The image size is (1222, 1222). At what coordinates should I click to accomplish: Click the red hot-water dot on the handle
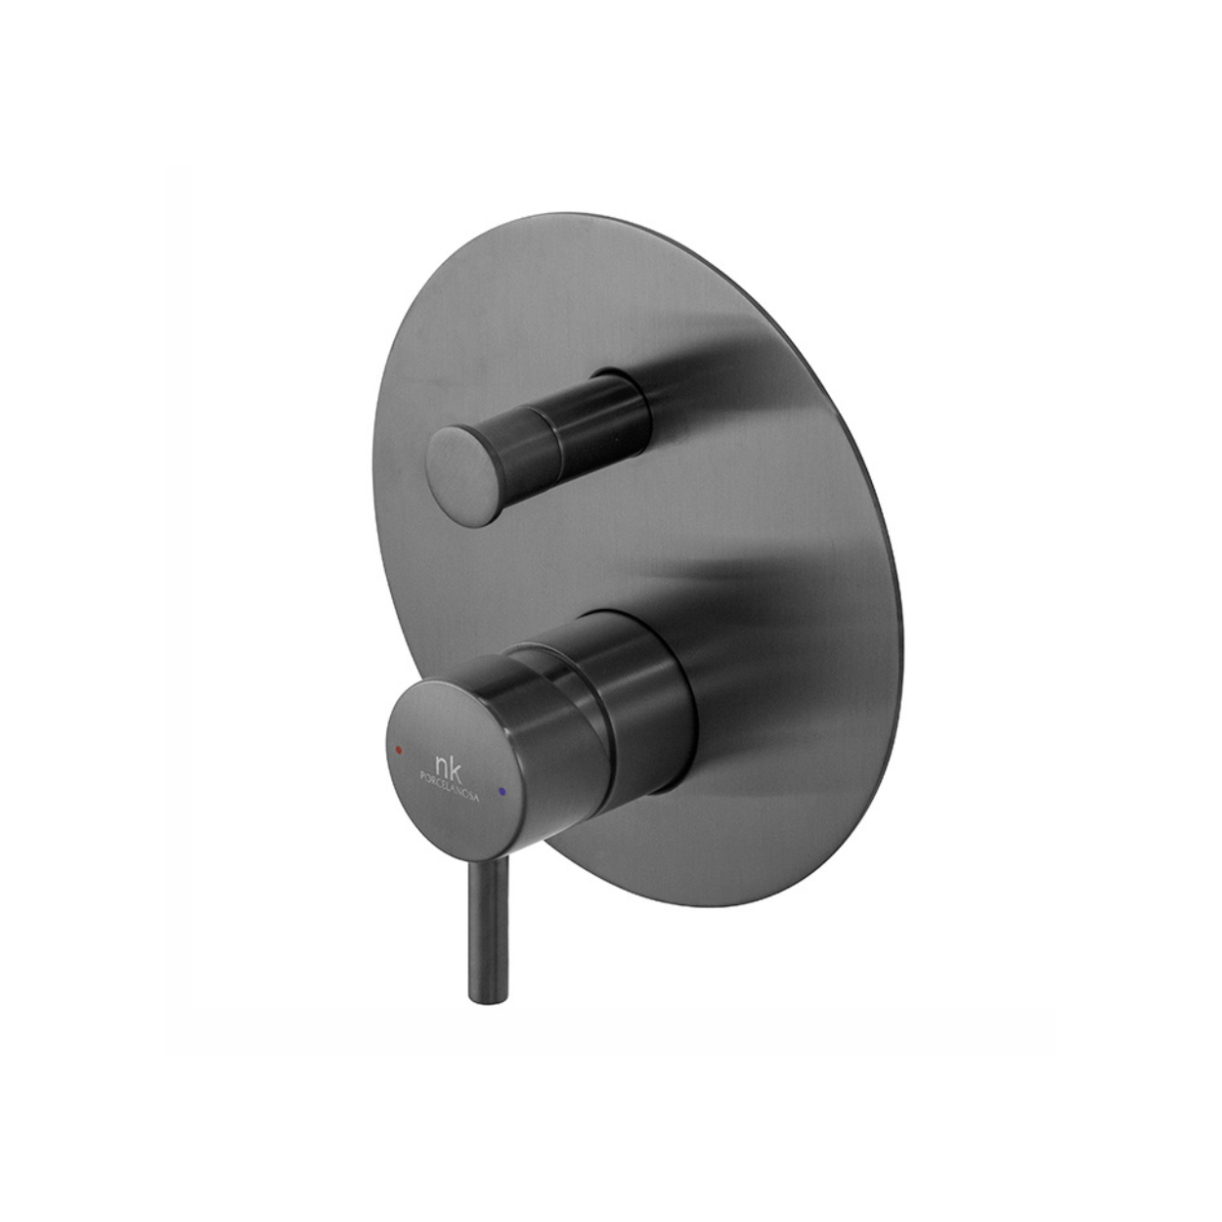click(x=398, y=749)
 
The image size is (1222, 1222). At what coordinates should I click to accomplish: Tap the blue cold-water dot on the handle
click(x=502, y=773)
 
